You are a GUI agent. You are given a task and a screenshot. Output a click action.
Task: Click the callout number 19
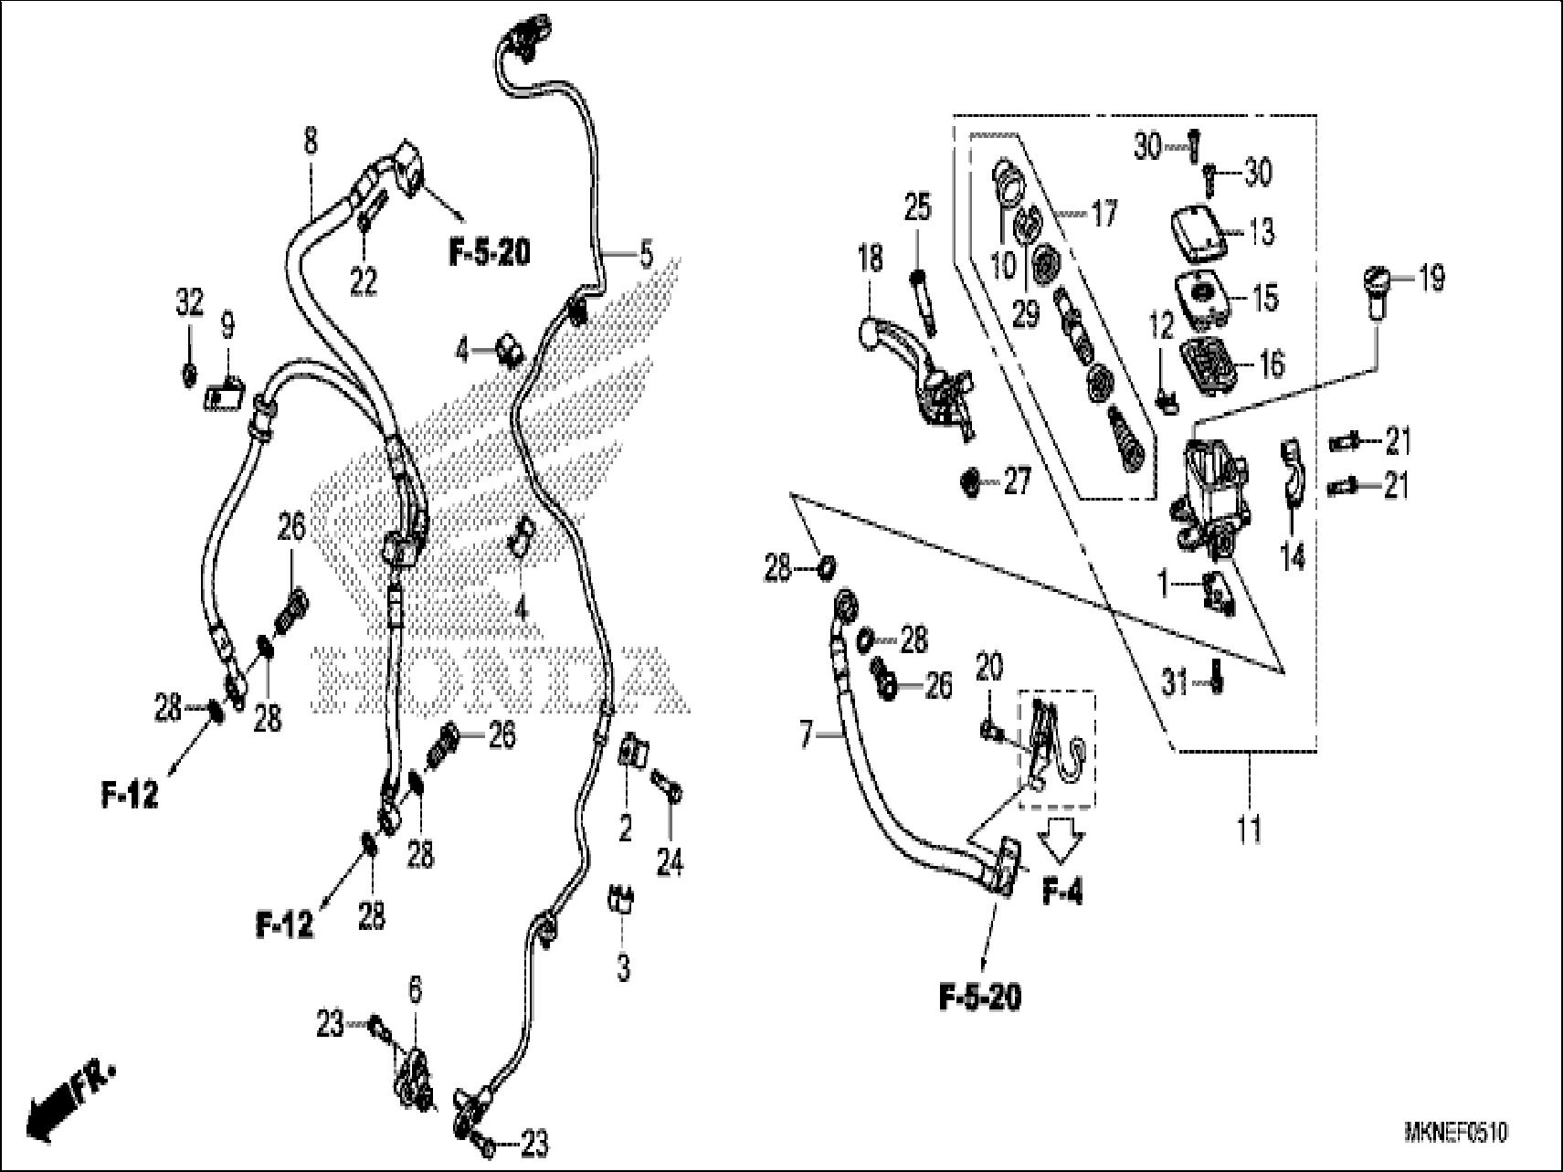click(1431, 278)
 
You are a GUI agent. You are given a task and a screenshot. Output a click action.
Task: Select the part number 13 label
click(1261, 232)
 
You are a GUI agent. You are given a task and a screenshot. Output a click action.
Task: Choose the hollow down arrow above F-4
click(1062, 839)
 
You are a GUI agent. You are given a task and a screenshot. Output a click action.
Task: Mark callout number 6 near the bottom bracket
click(416, 990)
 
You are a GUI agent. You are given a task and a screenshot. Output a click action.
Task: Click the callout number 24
click(670, 862)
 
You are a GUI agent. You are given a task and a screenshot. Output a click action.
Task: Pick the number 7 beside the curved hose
click(806, 734)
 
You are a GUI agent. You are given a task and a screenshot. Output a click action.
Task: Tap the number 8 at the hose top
click(311, 142)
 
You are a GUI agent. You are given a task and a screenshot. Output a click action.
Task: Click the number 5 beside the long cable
click(646, 255)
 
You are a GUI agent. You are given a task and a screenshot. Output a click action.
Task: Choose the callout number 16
click(1271, 363)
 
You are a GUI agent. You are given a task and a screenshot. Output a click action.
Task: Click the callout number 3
click(623, 966)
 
